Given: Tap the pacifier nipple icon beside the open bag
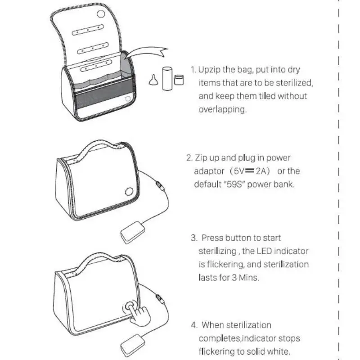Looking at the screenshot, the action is point(154,80).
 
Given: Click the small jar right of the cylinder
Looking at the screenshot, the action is point(179,80).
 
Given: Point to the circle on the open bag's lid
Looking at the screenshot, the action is point(101,14).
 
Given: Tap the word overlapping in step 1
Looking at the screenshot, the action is point(223,109).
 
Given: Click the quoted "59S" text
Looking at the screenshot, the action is point(234,184).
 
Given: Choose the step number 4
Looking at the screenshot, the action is point(193,325).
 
